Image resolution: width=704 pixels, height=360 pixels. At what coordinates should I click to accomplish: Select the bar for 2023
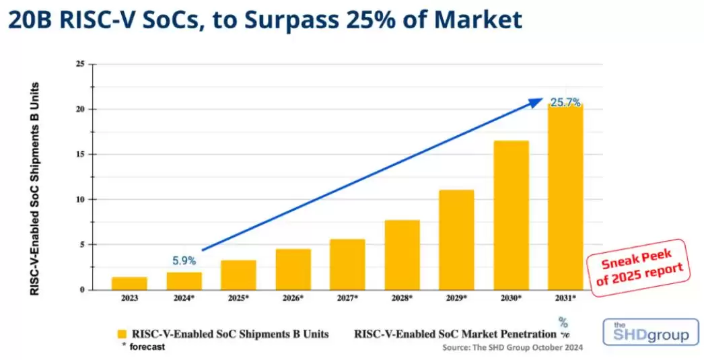point(129,283)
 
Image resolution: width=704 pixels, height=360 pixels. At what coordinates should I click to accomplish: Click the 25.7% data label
point(565,102)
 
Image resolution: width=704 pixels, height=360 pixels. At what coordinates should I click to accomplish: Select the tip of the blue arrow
point(541,100)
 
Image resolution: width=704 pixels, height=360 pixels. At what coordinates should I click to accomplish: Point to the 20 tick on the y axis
point(80,109)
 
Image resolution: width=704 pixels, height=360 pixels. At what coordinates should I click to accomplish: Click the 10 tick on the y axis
point(80,199)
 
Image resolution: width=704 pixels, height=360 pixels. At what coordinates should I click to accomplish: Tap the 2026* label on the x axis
point(292,297)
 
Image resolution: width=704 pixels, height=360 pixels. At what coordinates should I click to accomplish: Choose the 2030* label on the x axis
point(511,297)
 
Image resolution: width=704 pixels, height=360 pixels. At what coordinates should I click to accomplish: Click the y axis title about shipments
point(34,188)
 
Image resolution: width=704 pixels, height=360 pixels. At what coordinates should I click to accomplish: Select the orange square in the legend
point(122,334)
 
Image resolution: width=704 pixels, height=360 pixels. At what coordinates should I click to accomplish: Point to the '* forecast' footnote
point(142,347)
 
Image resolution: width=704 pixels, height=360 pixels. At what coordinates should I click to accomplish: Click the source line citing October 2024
point(512,348)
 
